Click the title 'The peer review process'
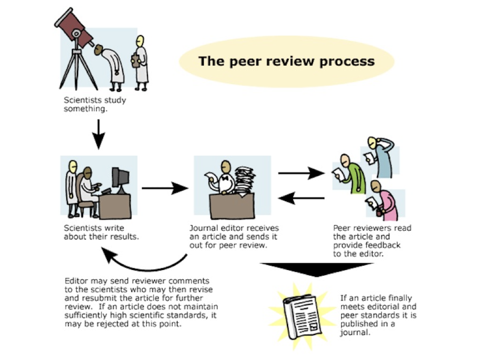[286, 61]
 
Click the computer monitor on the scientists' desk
[121, 178]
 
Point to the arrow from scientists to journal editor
[164, 188]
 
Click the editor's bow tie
[227, 179]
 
